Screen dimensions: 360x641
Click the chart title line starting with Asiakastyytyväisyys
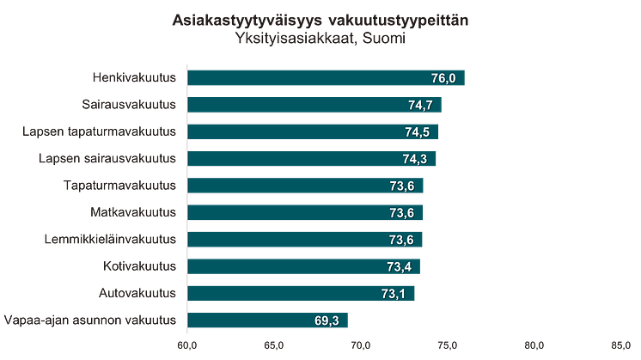(320, 19)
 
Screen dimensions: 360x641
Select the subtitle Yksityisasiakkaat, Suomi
(320, 37)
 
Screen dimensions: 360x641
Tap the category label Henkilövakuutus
(134, 78)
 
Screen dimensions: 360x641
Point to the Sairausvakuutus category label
(129, 105)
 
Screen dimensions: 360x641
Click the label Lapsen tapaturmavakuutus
(99, 131)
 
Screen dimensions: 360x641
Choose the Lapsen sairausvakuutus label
(107, 159)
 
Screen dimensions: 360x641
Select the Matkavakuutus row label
(133, 212)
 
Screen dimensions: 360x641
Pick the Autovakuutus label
(137, 293)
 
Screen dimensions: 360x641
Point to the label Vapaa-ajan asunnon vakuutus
(91, 320)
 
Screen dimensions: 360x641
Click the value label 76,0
(443, 78)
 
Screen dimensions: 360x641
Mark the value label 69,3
(327, 321)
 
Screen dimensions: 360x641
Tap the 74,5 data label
(418, 132)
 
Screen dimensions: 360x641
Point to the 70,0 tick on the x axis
(360, 345)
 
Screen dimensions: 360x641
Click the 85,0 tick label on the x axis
(620, 345)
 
